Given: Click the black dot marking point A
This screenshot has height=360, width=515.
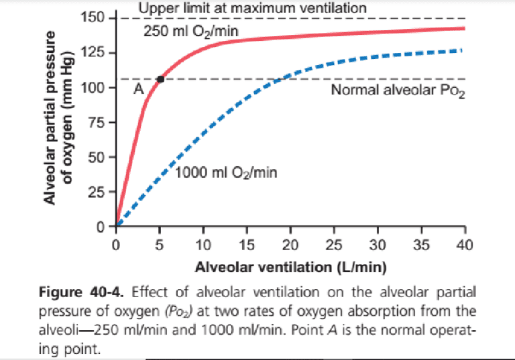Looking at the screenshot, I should (160, 79).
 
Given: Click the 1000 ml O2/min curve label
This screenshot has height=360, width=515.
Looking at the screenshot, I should (227, 173).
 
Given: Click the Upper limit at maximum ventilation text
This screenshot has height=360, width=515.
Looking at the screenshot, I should (252, 8).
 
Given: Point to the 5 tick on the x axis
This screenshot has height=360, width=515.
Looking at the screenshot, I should (160, 243).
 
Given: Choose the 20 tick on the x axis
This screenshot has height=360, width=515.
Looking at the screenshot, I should (291, 243).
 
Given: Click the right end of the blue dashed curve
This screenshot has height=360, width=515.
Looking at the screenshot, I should (461, 50).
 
